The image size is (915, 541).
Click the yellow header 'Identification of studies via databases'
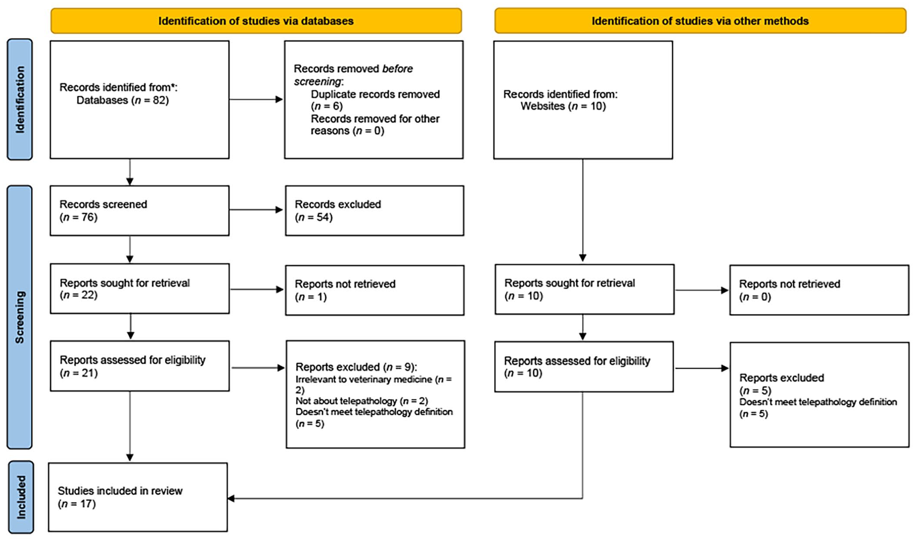coord(256,21)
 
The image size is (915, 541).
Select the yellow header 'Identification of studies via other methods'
coord(700,21)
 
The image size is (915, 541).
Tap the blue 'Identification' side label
coord(20,100)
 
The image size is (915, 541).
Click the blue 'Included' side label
coord(21,497)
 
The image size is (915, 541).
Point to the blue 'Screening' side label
coord(20,317)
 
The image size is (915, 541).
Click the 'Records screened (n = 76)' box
coord(140,211)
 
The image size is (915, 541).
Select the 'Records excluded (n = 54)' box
coord(375,211)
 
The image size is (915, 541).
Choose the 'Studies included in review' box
coord(138,497)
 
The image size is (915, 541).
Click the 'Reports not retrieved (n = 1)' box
coord(375,290)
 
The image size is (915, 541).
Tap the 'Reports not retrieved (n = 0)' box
coord(819,290)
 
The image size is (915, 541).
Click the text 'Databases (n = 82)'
coord(123,100)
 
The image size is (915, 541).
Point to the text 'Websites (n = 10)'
coord(563,106)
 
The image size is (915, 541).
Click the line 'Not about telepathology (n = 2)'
coord(362,401)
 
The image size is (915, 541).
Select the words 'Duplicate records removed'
coord(375,94)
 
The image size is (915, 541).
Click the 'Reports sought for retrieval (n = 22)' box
coord(140,288)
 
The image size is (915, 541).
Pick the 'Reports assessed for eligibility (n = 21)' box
coord(140,366)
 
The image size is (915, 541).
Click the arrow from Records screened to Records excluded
coord(256,210)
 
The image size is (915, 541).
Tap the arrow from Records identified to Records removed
coord(256,100)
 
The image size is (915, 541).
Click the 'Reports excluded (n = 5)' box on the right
coord(819,394)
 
